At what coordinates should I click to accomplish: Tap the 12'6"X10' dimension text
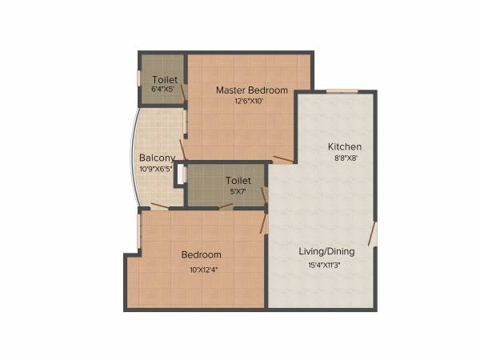click(250, 102)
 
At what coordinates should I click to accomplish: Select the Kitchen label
click(345, 146)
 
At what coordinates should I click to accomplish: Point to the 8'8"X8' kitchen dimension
click(345, 158)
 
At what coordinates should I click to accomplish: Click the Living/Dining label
click(326, 251)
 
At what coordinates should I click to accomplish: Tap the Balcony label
click(157, 158)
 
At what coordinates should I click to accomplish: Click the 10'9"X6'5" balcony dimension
click(157, 169)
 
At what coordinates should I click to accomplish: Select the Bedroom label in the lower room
click(201, 255)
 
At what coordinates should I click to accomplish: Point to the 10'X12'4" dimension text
click(204, 270)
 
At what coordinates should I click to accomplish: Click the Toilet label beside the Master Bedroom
click(165, 80)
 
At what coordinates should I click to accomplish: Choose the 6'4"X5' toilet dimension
click(165, 90)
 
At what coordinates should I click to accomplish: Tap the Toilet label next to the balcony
click(238, 181)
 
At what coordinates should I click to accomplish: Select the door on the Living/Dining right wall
click(372, 234)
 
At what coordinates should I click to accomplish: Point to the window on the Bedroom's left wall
click(138, 230)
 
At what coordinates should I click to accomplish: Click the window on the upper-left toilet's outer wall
click(139, 78)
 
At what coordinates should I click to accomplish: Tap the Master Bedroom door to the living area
click(282, 159)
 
